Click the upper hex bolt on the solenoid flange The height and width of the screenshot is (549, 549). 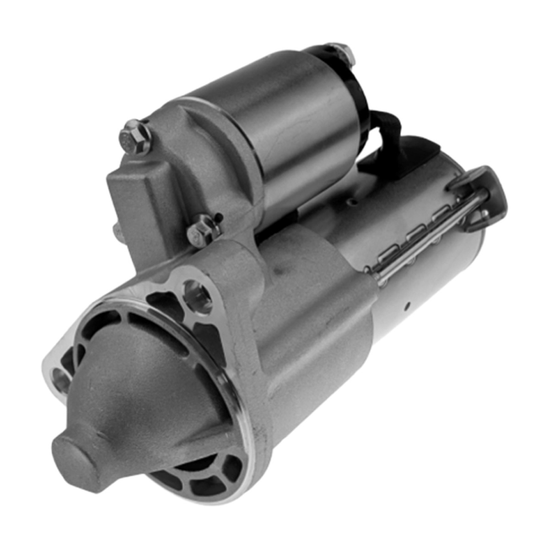(x=135, y=136)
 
